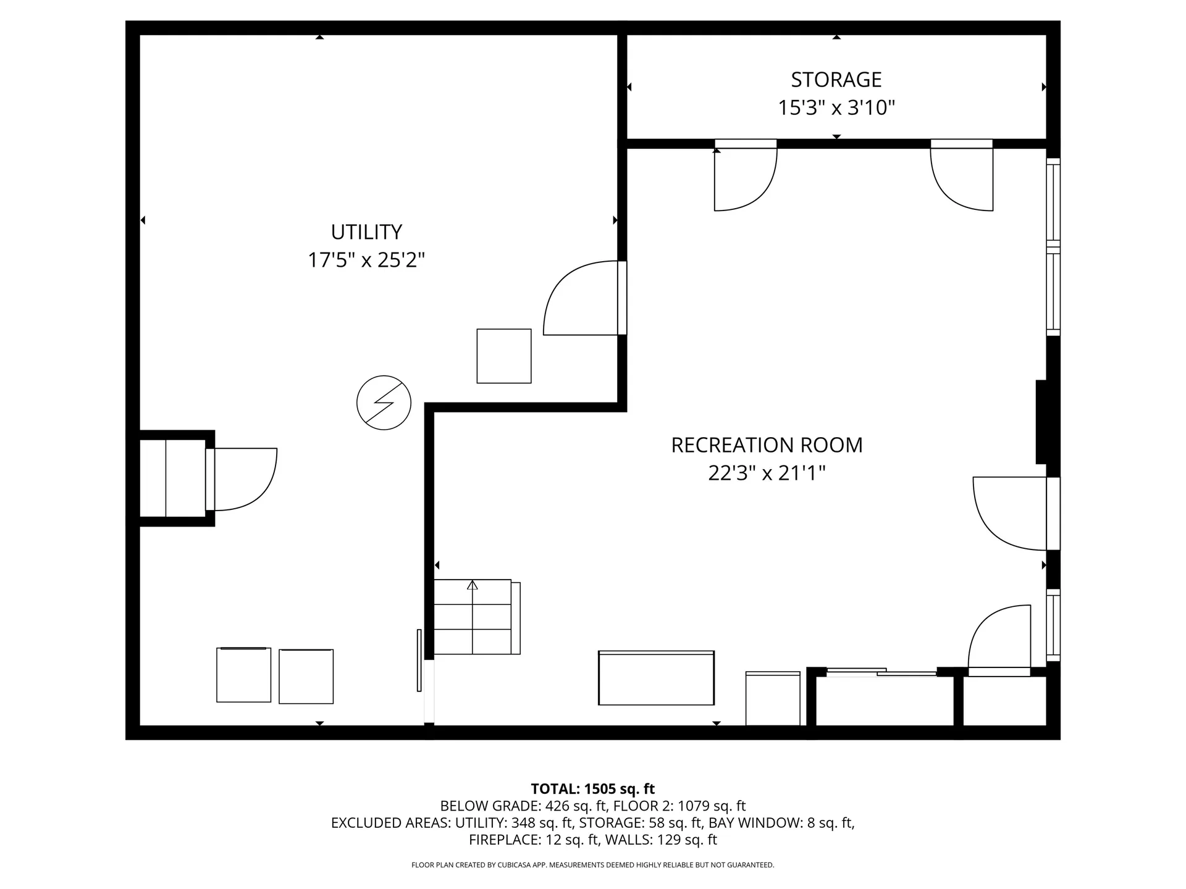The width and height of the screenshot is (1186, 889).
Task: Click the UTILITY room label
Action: click(366, 232)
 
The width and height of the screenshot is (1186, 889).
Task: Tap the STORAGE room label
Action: click(836, 80)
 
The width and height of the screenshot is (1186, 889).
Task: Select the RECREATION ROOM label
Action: click(767, 445)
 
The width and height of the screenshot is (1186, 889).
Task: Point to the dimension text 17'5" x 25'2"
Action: click(366, 260)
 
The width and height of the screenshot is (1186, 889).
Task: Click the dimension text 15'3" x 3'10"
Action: click(836, 108)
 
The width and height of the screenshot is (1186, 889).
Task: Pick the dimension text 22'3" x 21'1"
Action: click(767, 474)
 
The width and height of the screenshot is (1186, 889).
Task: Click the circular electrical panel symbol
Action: click(384, 403)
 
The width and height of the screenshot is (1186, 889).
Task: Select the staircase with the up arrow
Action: click(473, 617)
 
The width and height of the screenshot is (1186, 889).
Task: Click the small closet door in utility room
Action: click(242, 480)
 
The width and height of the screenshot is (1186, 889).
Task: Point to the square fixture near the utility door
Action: click(503, 356)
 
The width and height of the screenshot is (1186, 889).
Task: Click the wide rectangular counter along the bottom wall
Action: click(656, 678)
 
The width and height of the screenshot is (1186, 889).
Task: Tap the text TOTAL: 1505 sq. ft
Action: click(592, 788)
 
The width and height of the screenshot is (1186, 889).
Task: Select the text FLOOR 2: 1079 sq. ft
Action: click(681, 806)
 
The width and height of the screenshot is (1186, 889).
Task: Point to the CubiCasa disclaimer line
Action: click(592, 865)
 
